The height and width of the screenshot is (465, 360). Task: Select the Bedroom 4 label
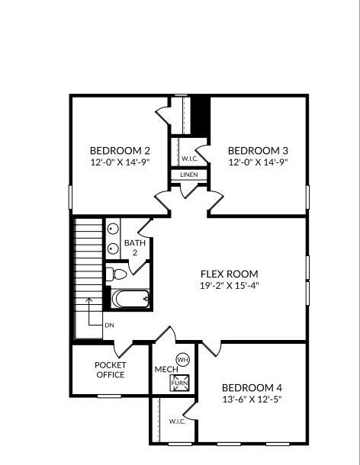(252, 386)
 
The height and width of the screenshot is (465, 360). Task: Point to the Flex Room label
(229, 274)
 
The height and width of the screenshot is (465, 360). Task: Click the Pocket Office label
(110, 370)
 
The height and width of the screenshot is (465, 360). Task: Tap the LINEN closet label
(189, 175)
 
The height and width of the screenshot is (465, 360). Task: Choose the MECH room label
(166, 370)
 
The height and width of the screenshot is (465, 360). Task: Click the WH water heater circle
(182, 359)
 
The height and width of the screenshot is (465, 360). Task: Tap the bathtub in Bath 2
(130, 298)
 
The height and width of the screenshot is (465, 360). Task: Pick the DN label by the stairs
(109, 325)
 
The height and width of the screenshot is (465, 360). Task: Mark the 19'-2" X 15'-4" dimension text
(229, 286)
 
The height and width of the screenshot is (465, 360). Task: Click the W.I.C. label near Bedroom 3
(189, 159)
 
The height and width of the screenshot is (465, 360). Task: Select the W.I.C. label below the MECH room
(178, 421)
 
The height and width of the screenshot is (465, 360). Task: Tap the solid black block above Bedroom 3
(200, 114)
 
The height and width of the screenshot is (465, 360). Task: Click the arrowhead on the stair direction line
(89, 300)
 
